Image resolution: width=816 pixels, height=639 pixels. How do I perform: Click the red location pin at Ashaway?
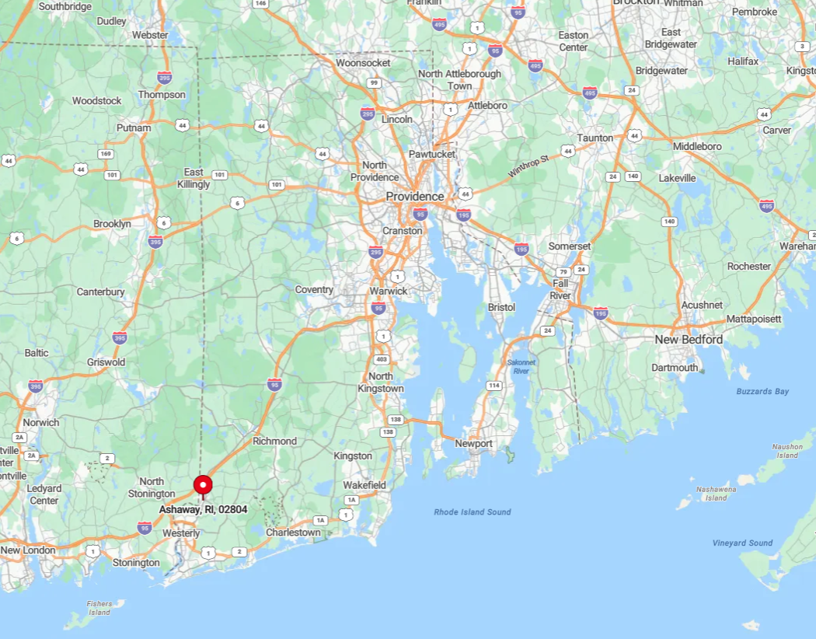pos(203,485)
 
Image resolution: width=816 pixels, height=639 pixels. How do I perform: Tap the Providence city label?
pos(415,197)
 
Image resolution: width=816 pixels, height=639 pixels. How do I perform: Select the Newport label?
pos(473,444)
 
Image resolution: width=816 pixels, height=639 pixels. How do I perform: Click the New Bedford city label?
pos(689,340)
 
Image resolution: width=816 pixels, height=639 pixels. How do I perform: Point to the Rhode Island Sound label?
pos(473,512)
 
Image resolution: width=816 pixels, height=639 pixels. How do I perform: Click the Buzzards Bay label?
pos(762,391)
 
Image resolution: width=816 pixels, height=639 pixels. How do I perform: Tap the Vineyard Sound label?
pos(742,543)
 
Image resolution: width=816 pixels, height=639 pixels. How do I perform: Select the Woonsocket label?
pos(363,62)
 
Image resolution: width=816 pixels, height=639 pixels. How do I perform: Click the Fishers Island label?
pos(99,608)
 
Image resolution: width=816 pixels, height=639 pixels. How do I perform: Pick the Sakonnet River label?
pos(521,367)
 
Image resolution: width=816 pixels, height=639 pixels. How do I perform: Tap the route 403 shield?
pos(381,359)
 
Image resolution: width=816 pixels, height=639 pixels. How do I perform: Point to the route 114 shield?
pos(493,386)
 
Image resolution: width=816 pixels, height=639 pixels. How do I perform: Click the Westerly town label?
pos(181,533)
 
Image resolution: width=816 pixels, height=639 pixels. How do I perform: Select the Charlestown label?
pos(293,532)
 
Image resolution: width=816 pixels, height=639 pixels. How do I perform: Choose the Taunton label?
pos(595,138)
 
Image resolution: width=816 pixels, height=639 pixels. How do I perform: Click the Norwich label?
pos(41,422)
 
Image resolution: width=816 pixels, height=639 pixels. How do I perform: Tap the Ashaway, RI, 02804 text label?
pos(203,509)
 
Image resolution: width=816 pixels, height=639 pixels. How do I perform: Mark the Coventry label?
pos(314,290)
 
